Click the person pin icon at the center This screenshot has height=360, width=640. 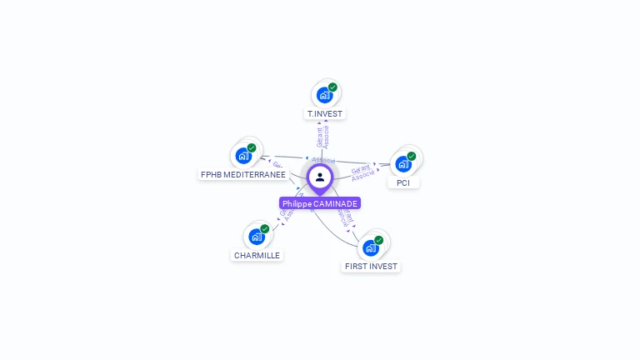[x=320, y=177]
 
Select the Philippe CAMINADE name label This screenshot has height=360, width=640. [x=320, y=203]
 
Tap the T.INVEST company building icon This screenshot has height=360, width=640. [x=324, y=95]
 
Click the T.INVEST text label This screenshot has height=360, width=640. [x=324, y=113]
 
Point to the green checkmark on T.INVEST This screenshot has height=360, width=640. [x=332, y=87]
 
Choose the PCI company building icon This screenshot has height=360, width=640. [x=403, y=164]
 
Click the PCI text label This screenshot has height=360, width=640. [x=403, y=182]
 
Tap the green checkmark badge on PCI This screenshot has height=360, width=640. [x=411, y=156]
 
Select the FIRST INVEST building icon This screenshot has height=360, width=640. [x=371, y=247]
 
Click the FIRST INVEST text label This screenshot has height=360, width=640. [x=371, y=267]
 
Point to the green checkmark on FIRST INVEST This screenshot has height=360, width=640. [x=379, y=240]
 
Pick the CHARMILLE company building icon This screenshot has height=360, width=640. [x=257, y=237]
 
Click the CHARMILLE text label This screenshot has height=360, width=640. [x=257, y=255]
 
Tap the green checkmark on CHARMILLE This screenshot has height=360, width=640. [x=265, y=228]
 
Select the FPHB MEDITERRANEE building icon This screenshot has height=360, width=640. [x=243, y=156]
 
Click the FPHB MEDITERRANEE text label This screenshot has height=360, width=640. [x=243, y=175]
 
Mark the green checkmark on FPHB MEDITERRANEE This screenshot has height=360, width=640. [x=252, y=147]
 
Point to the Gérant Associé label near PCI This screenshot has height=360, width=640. [x=362, y=172]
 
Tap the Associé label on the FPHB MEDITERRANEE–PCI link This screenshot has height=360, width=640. [x=323, y=159]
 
